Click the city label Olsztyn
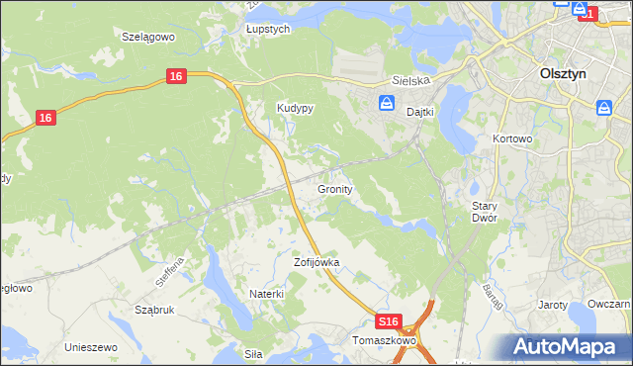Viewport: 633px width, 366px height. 567,73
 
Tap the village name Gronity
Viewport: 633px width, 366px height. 335,188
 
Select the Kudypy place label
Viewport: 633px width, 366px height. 295,109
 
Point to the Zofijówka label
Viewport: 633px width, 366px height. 316,262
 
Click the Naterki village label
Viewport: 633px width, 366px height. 267,294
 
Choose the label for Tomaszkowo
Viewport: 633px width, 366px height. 385,340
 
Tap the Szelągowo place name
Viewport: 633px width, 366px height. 147,36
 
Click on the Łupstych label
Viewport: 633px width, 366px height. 267,30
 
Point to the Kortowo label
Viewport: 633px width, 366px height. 512,139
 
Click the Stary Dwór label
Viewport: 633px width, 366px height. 484,211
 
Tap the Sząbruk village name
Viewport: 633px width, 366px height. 154,310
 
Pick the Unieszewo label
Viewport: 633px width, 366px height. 91,347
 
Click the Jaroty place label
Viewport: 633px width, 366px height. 552,305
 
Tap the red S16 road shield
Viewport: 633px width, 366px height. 390,321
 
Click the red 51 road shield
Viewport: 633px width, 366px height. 588,14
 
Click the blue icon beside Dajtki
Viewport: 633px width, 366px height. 387,103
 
